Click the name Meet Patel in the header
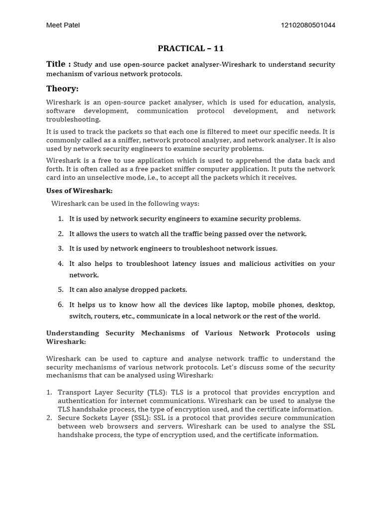tap(63, 25)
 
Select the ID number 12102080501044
tap(308, 25)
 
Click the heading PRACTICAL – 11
tap(191, 48)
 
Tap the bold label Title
tap(56, 64)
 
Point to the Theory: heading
tap(62, 88)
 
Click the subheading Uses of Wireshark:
tap(80, 191)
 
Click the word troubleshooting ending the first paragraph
tap(73, 119)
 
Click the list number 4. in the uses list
tap(61, 263)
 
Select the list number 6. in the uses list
tap(61, 304)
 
